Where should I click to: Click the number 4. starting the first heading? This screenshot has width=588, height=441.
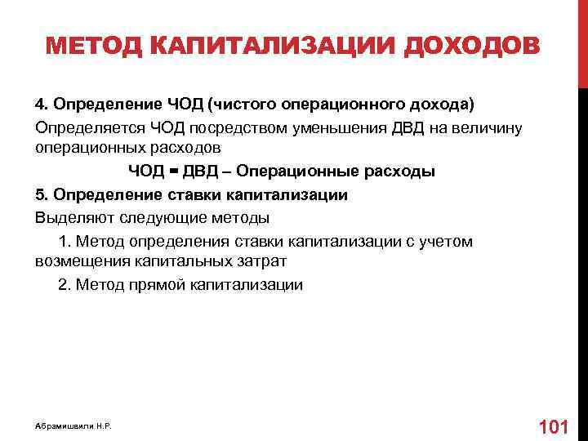click(42, 106)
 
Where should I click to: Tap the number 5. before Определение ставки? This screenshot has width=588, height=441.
click(42, 195)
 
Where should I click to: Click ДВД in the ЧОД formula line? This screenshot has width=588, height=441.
click(198, 172)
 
